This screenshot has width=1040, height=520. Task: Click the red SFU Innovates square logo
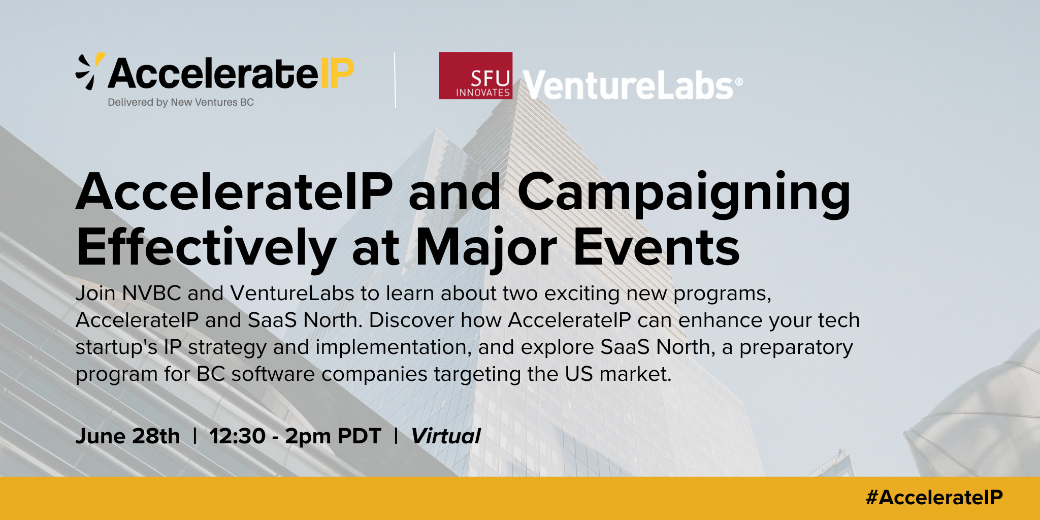point(475,76)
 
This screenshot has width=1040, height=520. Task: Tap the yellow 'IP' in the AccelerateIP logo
point(337,74)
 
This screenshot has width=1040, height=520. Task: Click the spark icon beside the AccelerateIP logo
point(90,71)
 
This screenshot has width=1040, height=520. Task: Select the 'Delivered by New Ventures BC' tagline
point(181,103)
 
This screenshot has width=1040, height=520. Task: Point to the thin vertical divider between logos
point(395,80)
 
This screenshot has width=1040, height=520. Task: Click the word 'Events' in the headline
point(657,248)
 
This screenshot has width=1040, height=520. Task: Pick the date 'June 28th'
point(128,436)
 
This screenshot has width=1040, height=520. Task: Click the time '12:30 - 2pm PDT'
point(295,436)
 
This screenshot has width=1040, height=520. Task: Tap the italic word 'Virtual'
point(446,436)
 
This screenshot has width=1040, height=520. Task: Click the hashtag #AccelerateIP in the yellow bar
point(934,498)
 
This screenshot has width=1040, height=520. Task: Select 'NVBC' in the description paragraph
point(152,294)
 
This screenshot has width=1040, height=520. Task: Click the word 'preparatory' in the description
point(796,348)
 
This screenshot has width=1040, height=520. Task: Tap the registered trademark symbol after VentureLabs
point(738,81)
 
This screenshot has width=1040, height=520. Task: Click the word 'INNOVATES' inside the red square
point(483,92)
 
